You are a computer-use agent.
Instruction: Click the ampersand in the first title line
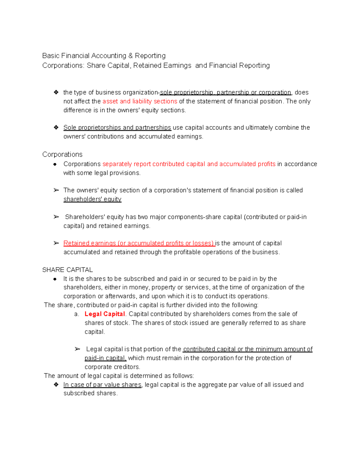pyautogui.click(x=130, y=56)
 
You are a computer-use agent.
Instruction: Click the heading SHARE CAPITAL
pyautogui.click(x=67, y=270)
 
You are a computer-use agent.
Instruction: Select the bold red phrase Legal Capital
pyautogui.click(x=105, y=314)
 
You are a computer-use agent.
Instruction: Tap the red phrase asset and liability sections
pyautogui.click(x=140, y=101)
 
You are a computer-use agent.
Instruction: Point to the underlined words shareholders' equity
pyautogui.click(x=92, y=199)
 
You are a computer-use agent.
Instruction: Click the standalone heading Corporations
pyautogui.click(x=62, y=155)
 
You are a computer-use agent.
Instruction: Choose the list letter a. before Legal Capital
pyautogui.click(x=76, y=314)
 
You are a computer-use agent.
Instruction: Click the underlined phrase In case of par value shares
pyautogui.click(x=102, y=385)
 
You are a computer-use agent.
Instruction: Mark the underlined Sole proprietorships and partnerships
pyautogui.click(x=117, y=128)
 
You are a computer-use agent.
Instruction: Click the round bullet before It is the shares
pyautogui.click(x=55, y=279)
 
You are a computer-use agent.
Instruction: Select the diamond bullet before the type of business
pyautogui.click(x=56, y=92)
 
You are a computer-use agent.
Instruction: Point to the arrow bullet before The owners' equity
pyautogui.click(x=56, y=190)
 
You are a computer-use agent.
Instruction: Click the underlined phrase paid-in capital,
pyautogui.click(x=106, y=358)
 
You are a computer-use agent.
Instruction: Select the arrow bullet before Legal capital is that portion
pyautogui.click(x=77, y=349)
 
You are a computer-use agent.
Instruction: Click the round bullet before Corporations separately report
pyautogui.click(x=55, y=164)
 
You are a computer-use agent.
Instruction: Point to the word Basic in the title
pyautogui.click(x=51, y=56)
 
